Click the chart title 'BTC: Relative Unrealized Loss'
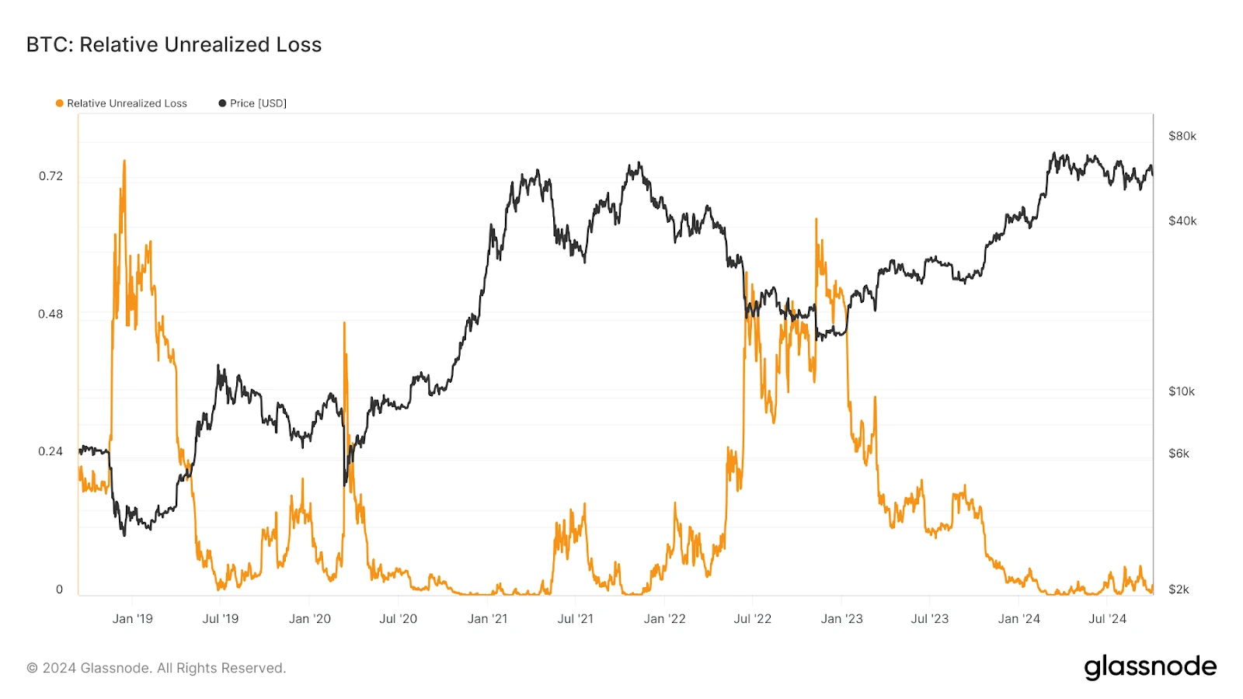click(174, 45)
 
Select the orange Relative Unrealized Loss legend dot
click(60, 103)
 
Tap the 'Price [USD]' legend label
click(258, 103)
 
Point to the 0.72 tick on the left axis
click(50, 176)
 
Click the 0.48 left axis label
click(50, 314)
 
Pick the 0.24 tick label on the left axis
click(50, 451)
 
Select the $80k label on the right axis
click(1182, 136)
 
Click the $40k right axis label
click(1182, 221)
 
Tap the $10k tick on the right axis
click(1181, 391)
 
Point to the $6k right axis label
click(1179, 454)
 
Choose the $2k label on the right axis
click(1179, 589)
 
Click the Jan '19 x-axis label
click(132, 619)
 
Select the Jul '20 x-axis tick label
click(398, 619)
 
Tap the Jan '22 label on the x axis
click(664, 619)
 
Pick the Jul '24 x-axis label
click(1107, 619)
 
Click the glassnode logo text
click(1150, 667)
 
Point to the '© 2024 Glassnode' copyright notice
click(156, 668)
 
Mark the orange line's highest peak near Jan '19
click(124, 162)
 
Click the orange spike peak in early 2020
click(344, 323)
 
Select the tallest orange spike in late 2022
click(816, 220)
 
